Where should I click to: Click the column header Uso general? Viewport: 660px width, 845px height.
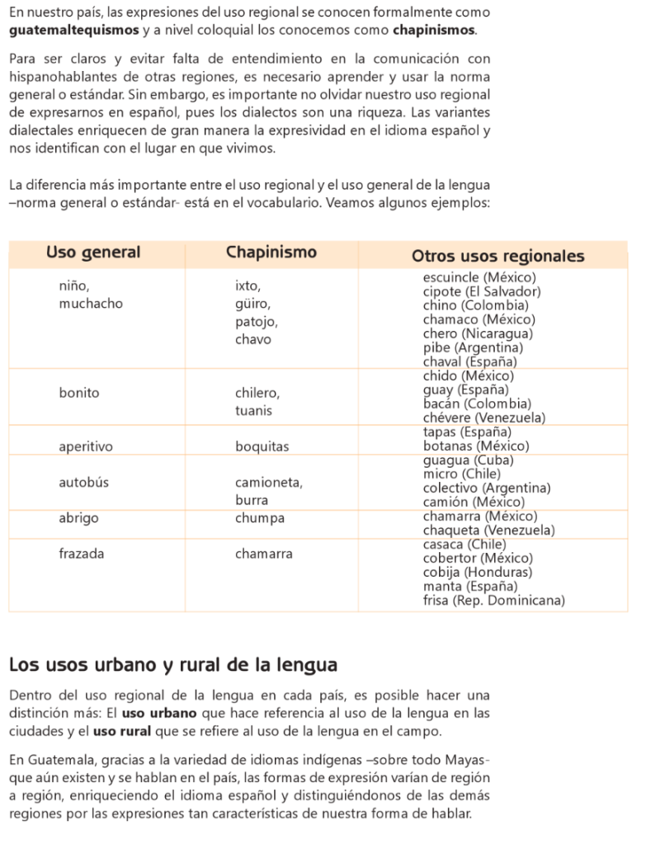(93, 253)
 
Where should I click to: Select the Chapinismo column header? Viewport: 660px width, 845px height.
(271, 253)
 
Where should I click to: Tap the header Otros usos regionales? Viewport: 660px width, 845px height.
(497, 256)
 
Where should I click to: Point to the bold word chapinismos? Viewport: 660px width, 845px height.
(434, 31)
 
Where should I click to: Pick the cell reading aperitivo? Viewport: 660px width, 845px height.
(86, 447)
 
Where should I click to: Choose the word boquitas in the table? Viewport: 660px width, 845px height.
(262, 447)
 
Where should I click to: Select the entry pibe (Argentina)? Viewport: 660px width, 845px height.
(473, 347)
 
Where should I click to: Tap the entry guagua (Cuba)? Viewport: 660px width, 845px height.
(468, 460)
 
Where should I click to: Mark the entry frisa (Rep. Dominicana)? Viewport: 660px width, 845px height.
(493, 600)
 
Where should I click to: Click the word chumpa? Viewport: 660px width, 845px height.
(260, 518)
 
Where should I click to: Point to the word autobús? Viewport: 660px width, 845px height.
(83, 482)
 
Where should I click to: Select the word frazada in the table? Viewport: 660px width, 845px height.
(82, 554)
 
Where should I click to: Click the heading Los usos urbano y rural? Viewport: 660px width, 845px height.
(172, 664)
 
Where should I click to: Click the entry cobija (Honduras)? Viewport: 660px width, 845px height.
(478, 572)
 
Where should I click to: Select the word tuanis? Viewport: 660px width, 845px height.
(254, 410)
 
